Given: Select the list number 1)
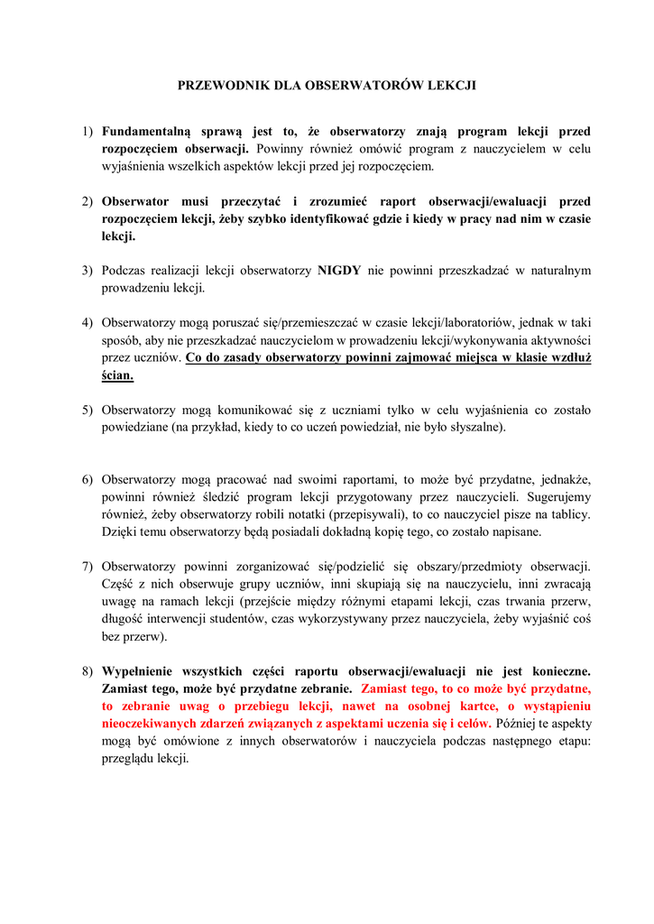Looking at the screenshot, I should [x=88, y=132].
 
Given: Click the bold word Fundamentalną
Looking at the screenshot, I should [x=142, y=132].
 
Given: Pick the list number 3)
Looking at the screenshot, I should [x=88, y=271].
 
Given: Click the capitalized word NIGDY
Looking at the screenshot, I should [x=339, y=271].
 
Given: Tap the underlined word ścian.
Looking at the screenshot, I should [x=117, y=374].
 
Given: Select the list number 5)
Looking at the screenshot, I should [x=88, y=410].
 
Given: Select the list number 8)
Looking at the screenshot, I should [x=88, y=671].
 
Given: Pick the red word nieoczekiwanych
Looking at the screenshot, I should [x=154, y=724].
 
